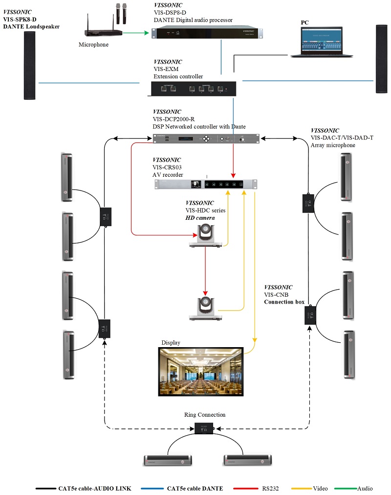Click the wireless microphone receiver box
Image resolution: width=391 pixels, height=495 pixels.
tap(103, 33)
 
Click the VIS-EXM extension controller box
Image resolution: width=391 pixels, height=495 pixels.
tap(194, 89)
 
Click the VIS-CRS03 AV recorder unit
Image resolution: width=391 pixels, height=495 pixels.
tap(205, 184)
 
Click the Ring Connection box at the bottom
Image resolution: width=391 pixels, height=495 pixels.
tap(204, 428)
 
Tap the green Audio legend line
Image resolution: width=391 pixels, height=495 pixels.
tap(345, 488)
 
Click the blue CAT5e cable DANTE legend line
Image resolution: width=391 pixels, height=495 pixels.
tap(151, 488)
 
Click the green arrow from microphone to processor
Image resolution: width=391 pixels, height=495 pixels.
tap(135, 33)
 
